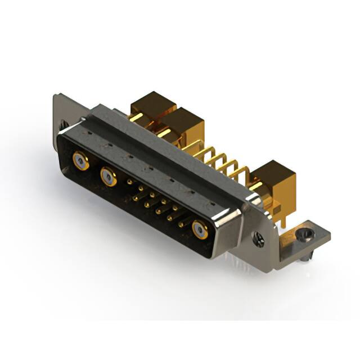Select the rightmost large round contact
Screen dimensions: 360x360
pos(199,229)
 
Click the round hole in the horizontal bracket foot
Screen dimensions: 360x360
pos(305,232)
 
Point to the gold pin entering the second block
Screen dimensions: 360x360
pos(164,134)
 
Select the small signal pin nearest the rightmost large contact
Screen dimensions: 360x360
pos(181,224)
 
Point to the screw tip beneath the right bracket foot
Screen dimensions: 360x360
pos(304,258)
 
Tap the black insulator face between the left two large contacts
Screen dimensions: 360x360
pos(94,170)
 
